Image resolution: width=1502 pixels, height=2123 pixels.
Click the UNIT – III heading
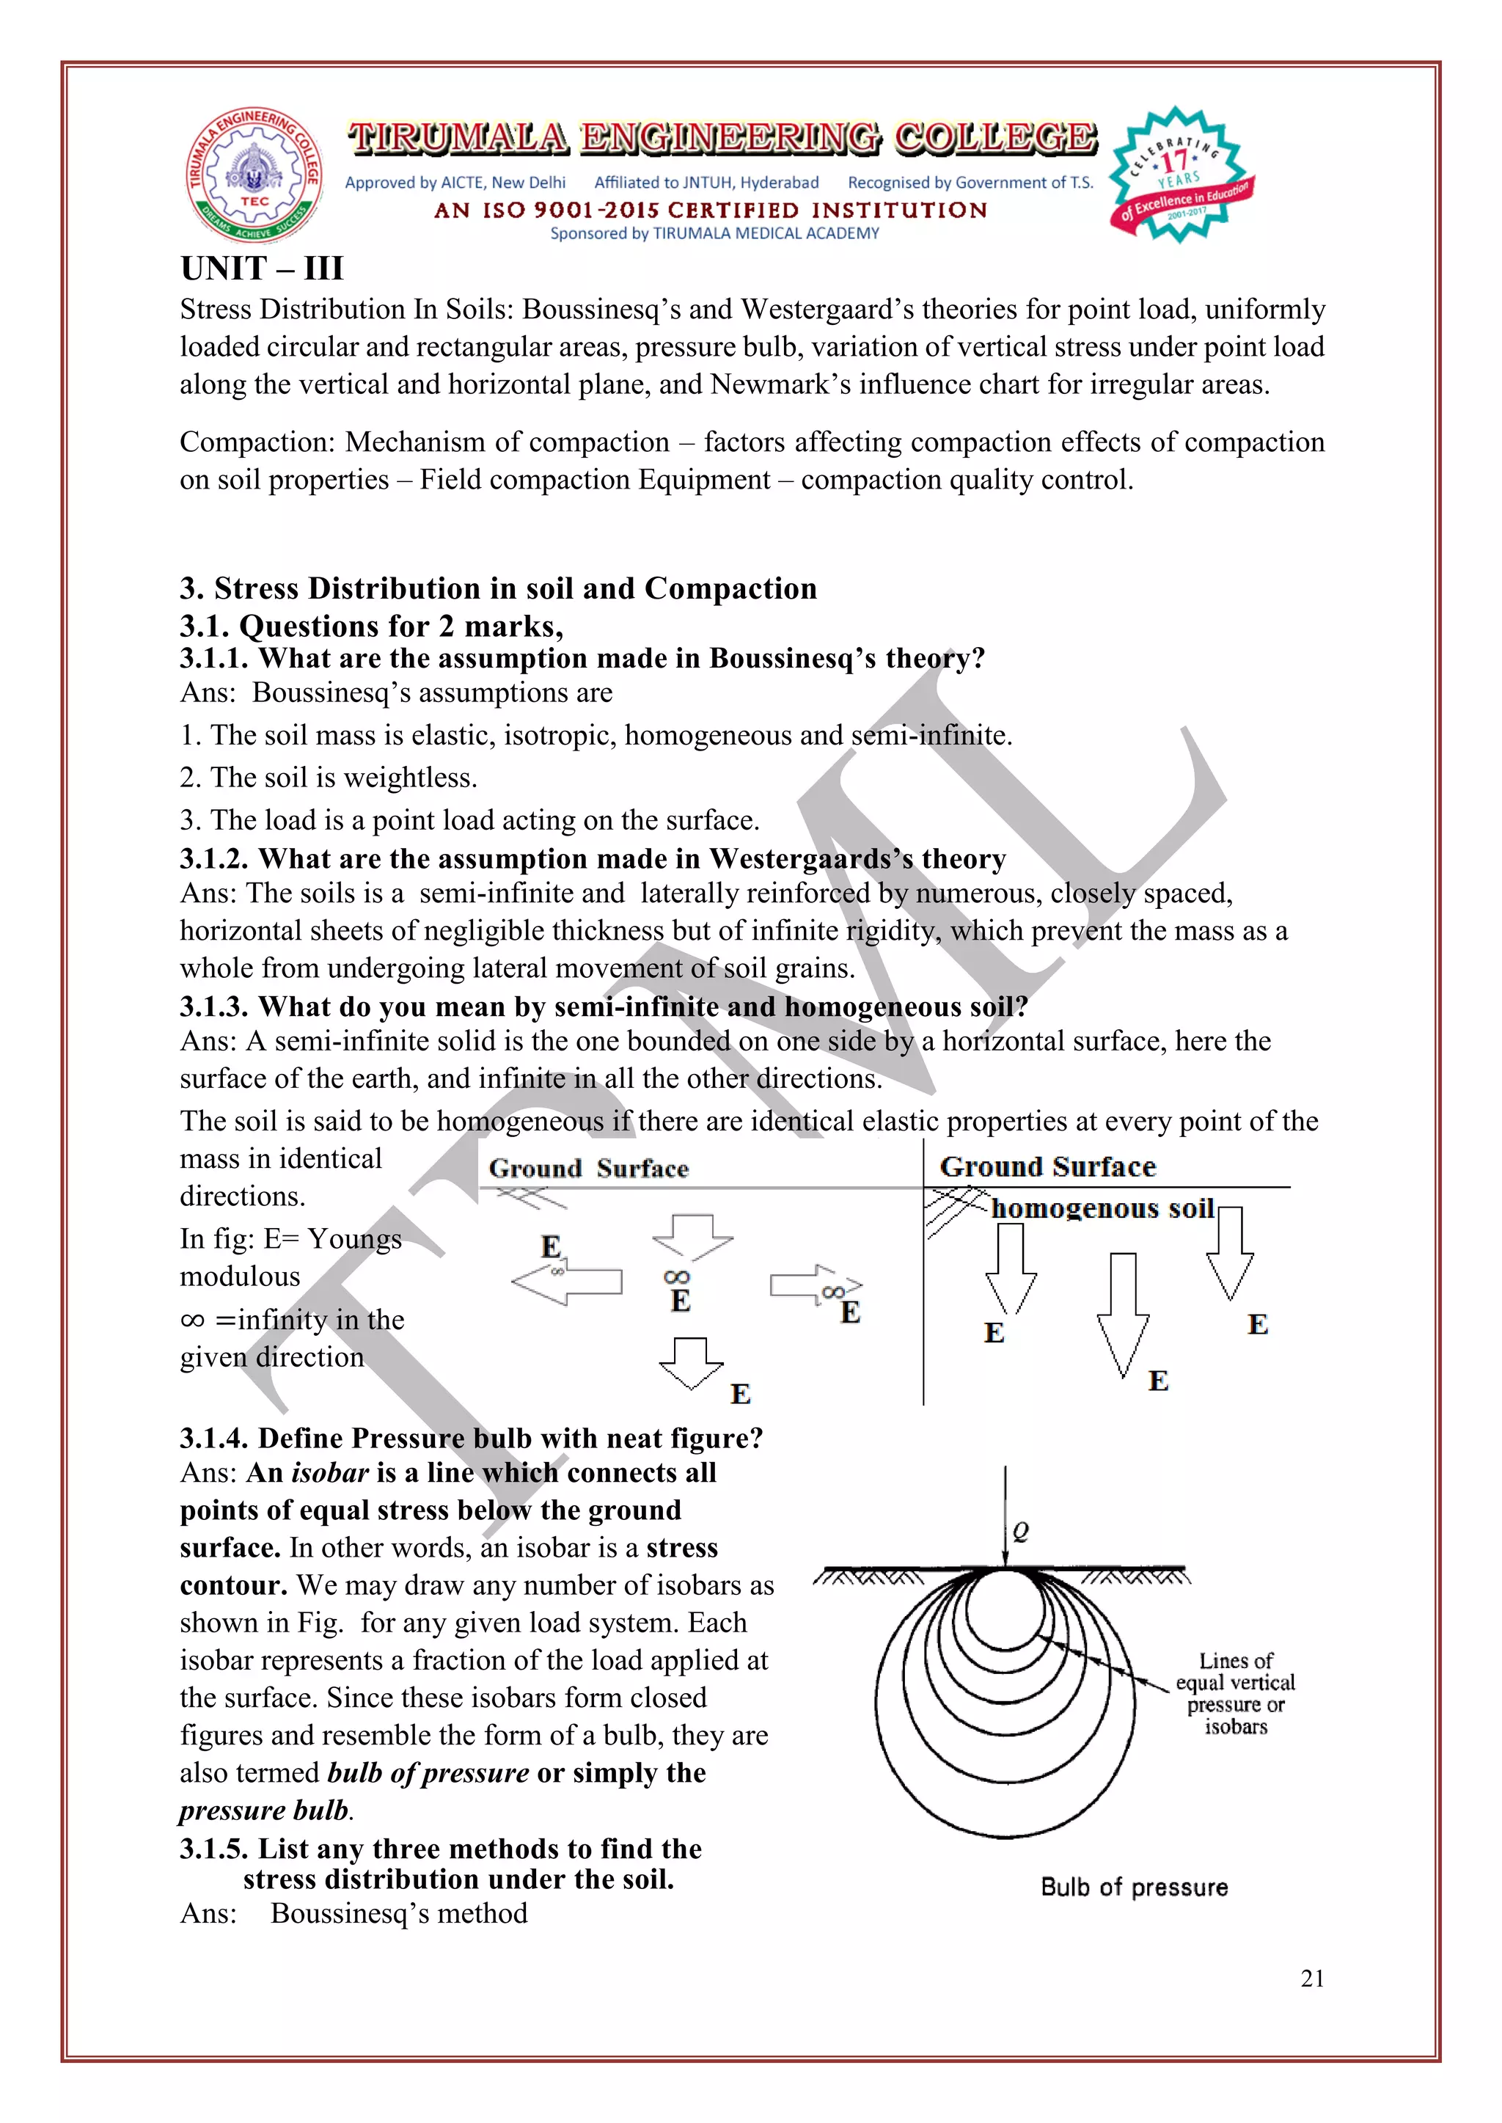(x=262, y=268)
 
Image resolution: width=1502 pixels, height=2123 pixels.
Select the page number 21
(x=1311, y=1978)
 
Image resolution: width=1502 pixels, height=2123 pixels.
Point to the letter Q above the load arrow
(x=1020, y=1532)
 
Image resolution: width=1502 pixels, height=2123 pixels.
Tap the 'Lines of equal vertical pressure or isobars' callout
(x=1235, y=1693)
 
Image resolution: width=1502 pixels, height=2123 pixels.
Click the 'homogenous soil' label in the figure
(x=1102, y=1208)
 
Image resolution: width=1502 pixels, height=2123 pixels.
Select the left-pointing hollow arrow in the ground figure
(x=567, y=1282)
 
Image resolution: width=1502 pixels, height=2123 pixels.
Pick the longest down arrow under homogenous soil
(x=1123, y=1314)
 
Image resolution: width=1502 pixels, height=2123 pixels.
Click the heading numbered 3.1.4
(x=471, y=1438)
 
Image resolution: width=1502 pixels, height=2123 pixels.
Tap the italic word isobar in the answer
(x=330, y=1473)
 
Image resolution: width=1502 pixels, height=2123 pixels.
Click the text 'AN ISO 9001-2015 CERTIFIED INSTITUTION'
(x=711, y=210)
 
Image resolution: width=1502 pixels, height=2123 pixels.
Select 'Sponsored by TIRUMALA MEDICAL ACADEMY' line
(x=714, y=233)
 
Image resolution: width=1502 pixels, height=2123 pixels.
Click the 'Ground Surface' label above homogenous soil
(x=1047, y=1166)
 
